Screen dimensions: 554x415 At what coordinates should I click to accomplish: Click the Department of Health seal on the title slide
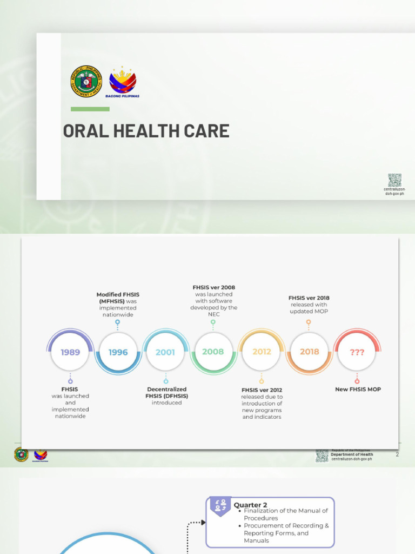coord(86,82)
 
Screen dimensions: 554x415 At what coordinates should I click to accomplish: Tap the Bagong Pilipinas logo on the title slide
coord(123,82)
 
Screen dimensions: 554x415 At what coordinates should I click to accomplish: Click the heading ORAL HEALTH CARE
coord(146,131)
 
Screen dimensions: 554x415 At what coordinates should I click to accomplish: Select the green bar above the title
coord(90,109)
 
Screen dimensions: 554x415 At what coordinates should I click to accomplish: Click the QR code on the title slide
coord(394,180)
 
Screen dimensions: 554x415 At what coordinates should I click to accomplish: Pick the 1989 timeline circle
coord(70,352)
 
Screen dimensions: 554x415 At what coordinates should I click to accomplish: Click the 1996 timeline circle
coord(118,352)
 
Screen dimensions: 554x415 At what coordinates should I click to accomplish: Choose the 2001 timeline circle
coord(165,352)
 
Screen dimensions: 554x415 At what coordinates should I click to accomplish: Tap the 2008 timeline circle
coord(213,352)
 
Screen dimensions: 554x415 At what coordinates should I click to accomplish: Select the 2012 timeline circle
coord(262,352)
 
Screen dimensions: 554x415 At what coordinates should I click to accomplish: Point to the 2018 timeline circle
coord(309,352)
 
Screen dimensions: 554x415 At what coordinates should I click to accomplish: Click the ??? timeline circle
coord(357,352)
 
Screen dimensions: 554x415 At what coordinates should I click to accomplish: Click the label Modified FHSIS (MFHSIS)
coord(118,298)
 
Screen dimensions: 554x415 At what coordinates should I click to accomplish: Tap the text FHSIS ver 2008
coord(213,288)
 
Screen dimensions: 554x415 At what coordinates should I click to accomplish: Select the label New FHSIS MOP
coord(358,389)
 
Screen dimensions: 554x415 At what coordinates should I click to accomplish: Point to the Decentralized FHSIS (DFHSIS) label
coord(166,392)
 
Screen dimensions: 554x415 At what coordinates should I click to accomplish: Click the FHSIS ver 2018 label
coord(309,298)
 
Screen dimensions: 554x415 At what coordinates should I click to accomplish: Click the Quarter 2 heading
coord(250,505)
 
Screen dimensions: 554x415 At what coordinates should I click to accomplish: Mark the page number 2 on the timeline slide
coord(397,454)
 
